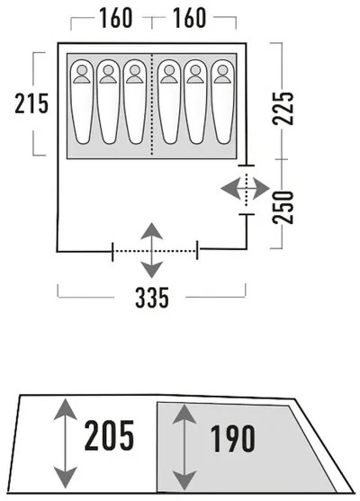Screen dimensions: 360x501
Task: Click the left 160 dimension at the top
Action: (116, 18)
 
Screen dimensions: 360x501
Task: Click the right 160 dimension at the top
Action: (189, 18)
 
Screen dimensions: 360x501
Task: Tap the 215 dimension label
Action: (31, 103)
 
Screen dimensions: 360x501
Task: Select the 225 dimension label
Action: (283, 108)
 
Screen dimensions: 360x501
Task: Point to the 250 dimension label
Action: (283, 207)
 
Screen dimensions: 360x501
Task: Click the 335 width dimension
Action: (152, 298)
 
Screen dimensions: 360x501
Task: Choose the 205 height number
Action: (109, 435)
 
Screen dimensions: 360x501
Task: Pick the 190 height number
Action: (232, 438)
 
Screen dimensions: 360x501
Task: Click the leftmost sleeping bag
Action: (82, 102)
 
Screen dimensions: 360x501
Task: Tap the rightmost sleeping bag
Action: (222, 102)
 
